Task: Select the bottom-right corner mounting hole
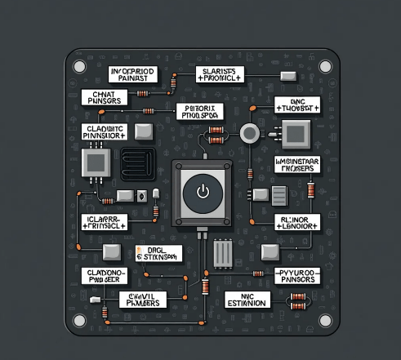pyautogui.click(x=325, y=319)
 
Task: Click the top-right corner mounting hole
pyautogui.click(x=325, y=65)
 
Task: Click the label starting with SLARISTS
pyautogui.click(x=221, y=76)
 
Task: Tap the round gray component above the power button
pyautogui.click(x=247, y=131)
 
